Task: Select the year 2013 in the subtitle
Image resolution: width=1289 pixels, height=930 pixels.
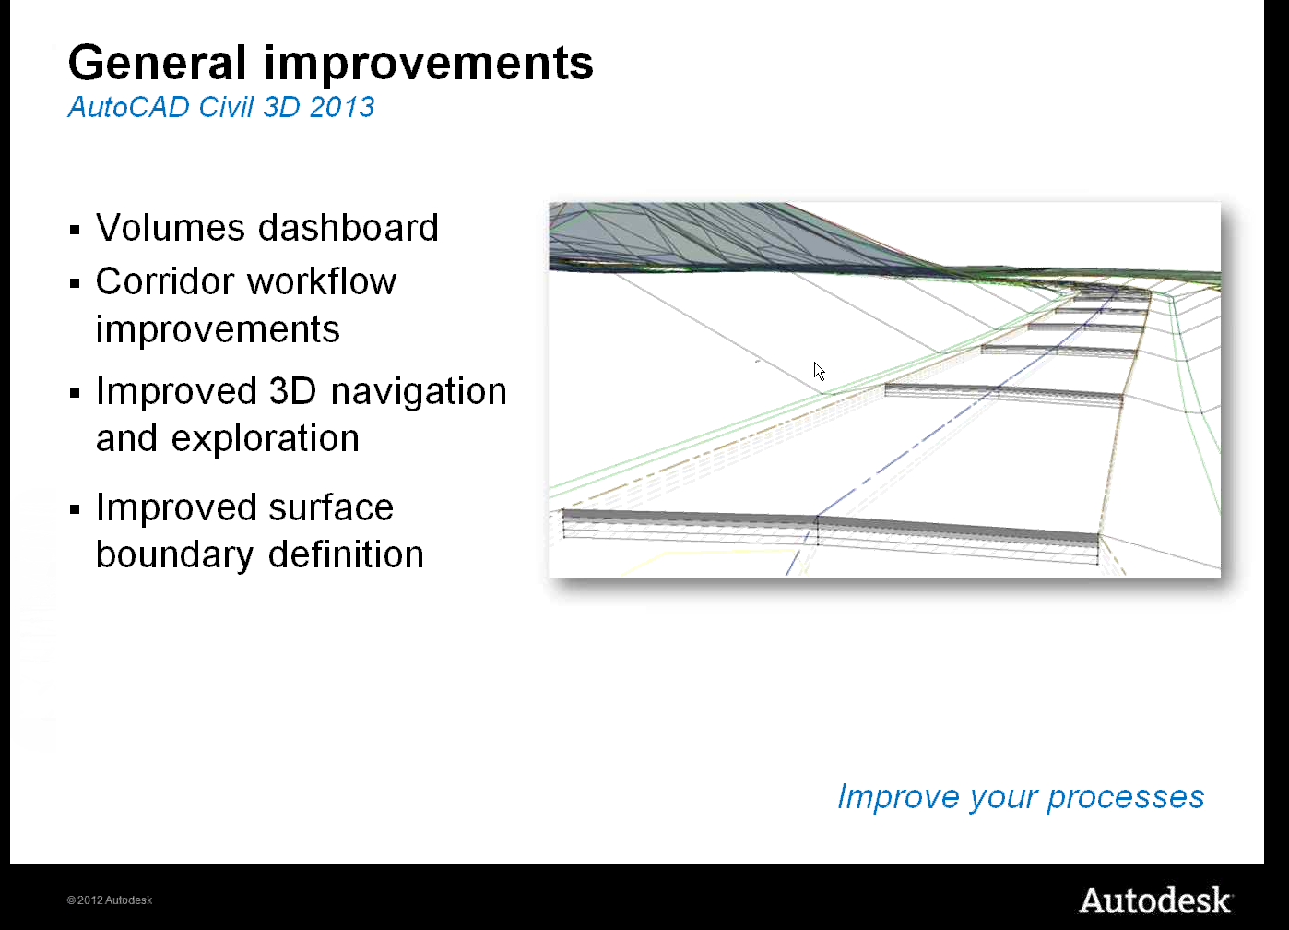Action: point(342,107)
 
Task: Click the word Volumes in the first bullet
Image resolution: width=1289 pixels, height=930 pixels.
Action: point(171,228)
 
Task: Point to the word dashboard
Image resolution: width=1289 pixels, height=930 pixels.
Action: point(349,227)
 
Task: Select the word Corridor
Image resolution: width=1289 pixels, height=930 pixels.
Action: point(165,281)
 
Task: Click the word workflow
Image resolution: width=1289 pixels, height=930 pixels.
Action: point(322,281)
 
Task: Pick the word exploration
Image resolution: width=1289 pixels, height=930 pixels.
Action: point(266,439)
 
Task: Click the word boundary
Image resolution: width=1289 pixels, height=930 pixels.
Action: point(174,554)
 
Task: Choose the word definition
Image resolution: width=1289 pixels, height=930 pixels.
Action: point(346,554)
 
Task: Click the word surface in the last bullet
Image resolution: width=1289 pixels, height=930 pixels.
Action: point(331,507)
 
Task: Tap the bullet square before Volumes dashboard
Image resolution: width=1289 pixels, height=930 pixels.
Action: point(75,230)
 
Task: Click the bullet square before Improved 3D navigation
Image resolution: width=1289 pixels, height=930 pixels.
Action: point(75,393)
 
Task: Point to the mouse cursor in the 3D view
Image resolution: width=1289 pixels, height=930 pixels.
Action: point(820,372)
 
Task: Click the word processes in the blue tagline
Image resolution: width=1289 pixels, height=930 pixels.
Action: point(1126,798)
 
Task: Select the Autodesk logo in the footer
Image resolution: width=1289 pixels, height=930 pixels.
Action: point(1155,900)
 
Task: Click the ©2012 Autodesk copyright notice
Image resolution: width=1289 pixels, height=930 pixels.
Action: point(110,900)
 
